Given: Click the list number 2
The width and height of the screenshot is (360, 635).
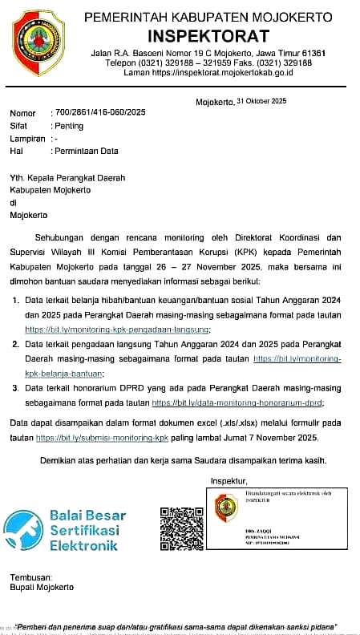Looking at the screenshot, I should (16, 344).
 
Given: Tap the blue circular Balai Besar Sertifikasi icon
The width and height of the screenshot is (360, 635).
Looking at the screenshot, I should (23, 530).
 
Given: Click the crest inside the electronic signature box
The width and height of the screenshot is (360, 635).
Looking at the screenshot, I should (226, 509).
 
